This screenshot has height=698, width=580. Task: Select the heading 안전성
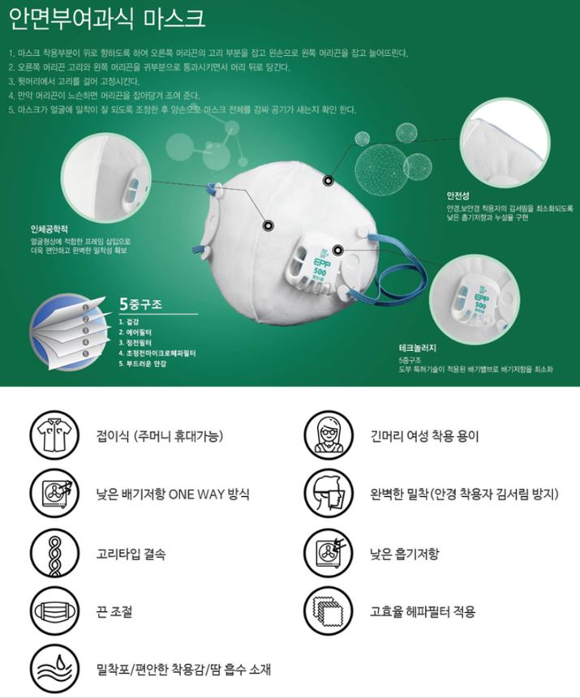tap(450, 195)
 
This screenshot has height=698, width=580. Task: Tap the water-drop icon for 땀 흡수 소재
tap(51, 670)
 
